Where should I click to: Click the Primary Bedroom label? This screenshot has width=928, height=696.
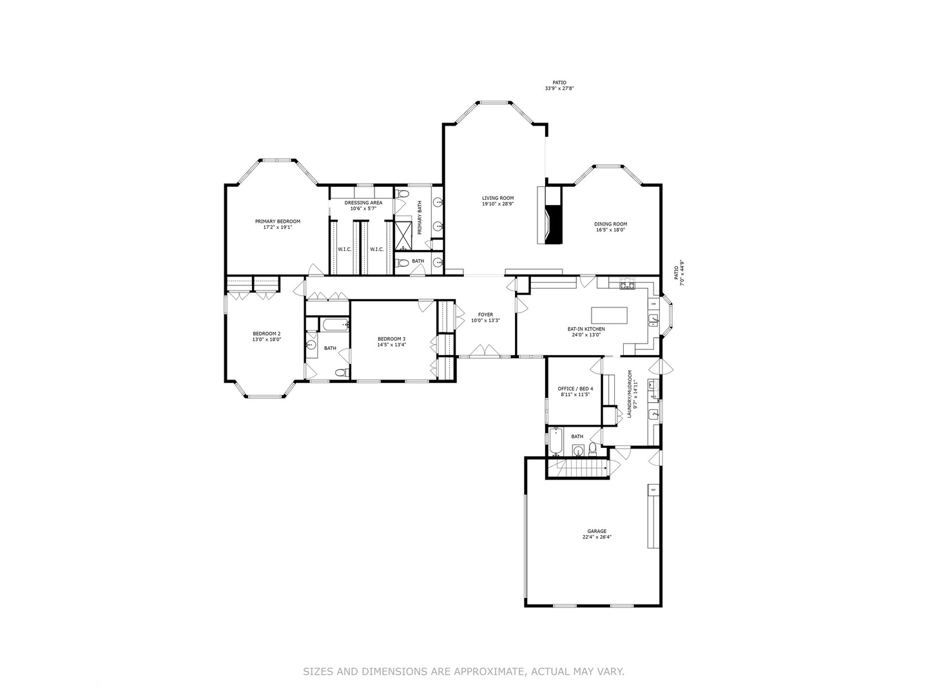tap(277, 222)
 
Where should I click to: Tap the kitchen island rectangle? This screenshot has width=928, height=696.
tap(609, 315)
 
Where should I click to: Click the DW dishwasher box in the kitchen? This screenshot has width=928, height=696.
tap(653, 304)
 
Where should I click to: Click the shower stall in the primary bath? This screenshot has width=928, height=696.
tap(404, 235)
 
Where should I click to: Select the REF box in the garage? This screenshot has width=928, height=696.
tap(653, 490)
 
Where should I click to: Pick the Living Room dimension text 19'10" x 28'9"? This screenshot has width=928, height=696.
tap(498, 204)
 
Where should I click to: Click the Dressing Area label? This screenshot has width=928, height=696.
tap(363, 202)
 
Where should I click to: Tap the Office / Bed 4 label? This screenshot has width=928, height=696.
tap(575, 389)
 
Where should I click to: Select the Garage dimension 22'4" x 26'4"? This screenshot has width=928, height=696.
tap(596, 537)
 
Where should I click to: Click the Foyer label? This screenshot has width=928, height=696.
tap(485, 314)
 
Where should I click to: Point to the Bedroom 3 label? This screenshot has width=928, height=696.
tap(391, 339)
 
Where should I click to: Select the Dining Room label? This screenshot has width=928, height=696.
tap(610, 224)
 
